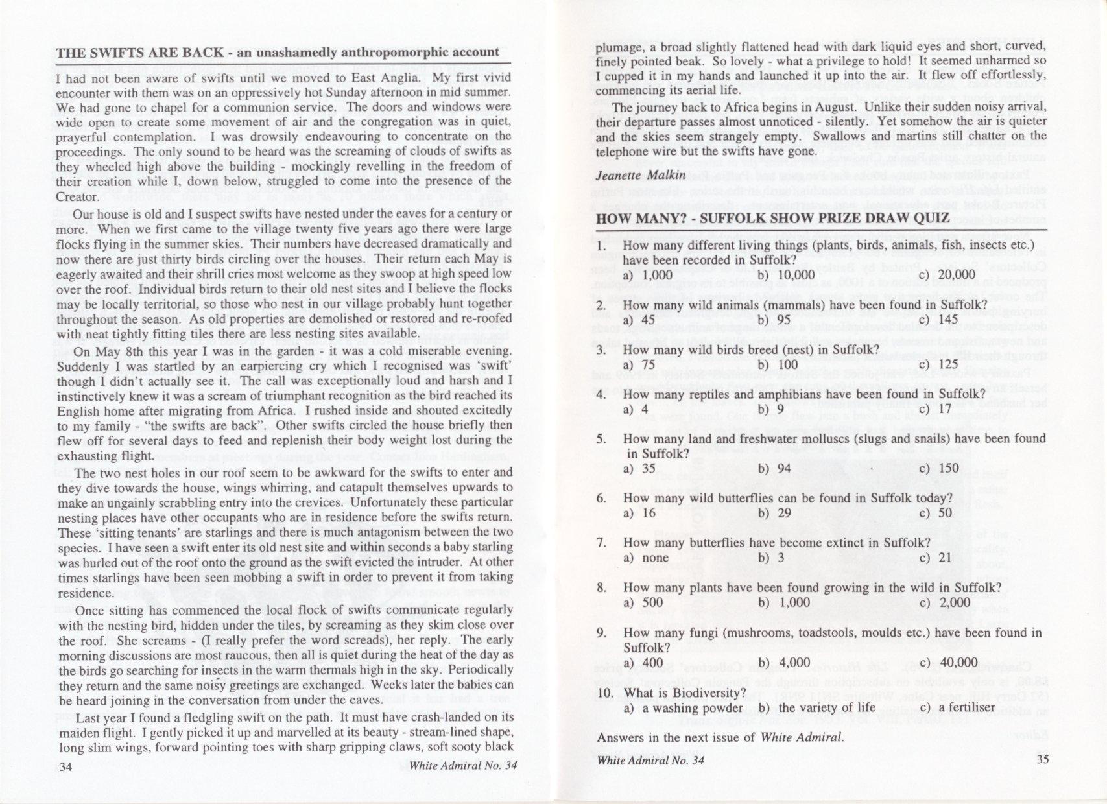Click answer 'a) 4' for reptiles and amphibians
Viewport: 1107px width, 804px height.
tap(636, 409)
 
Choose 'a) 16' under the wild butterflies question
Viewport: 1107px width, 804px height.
tap(639, 514)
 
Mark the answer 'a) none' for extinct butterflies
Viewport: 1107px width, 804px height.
tap(646, 558)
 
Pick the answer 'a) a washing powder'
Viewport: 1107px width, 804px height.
tap(682, 707)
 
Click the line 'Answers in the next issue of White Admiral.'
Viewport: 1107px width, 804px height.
tap(720, 737)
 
